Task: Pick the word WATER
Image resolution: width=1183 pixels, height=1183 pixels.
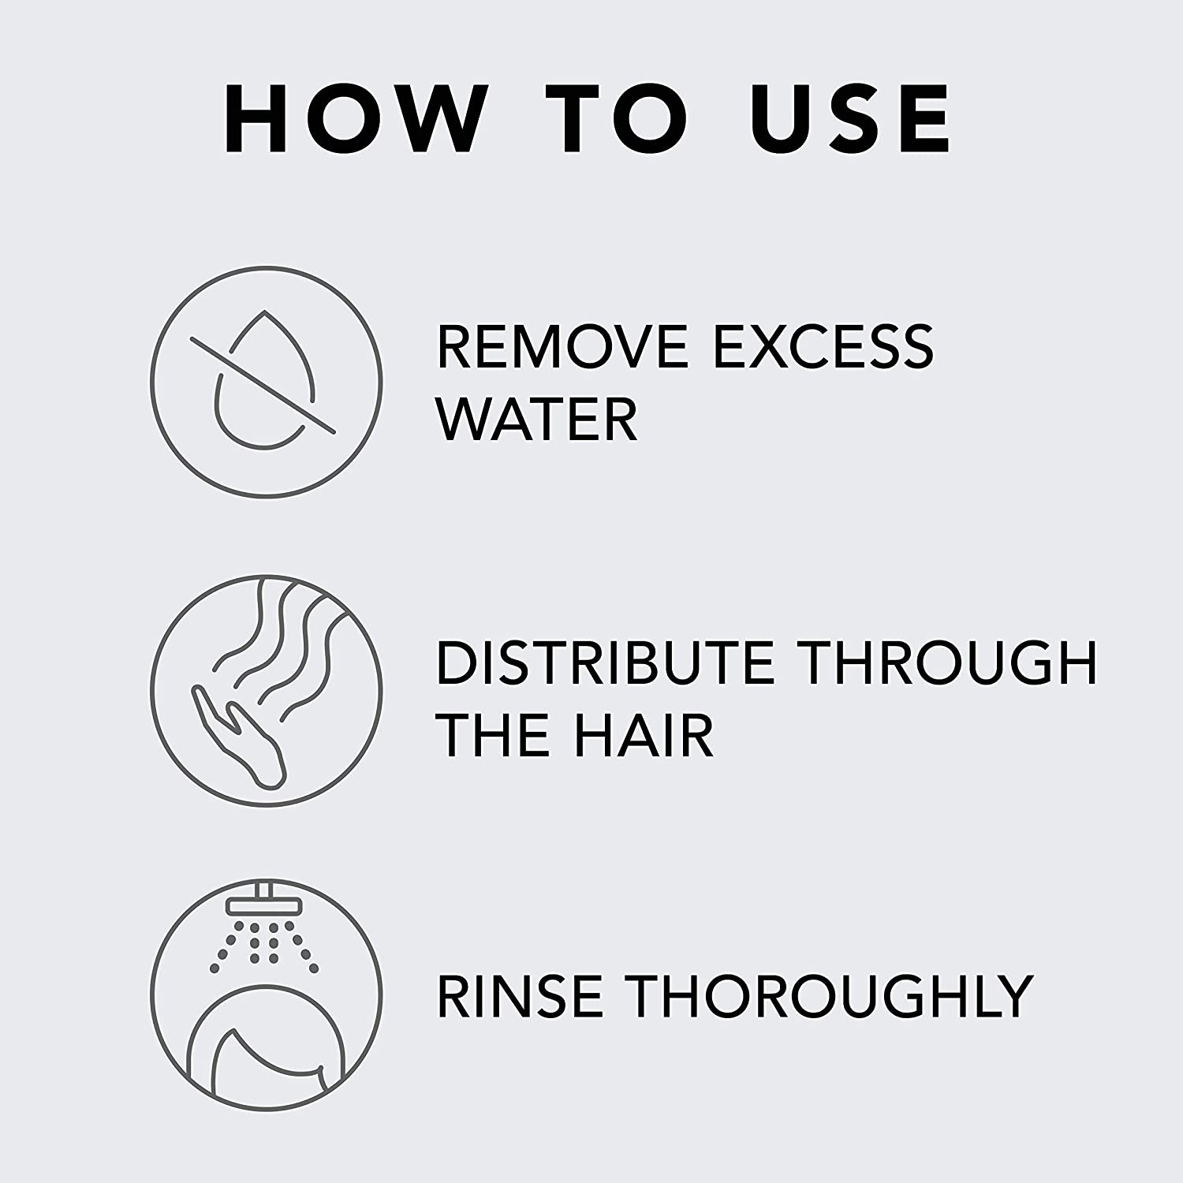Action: click(x=536, y=420)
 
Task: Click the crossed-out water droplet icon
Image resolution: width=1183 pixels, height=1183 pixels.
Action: click(x=267, y=382)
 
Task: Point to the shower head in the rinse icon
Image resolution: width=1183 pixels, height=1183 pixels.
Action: click(x=266, y=905)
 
